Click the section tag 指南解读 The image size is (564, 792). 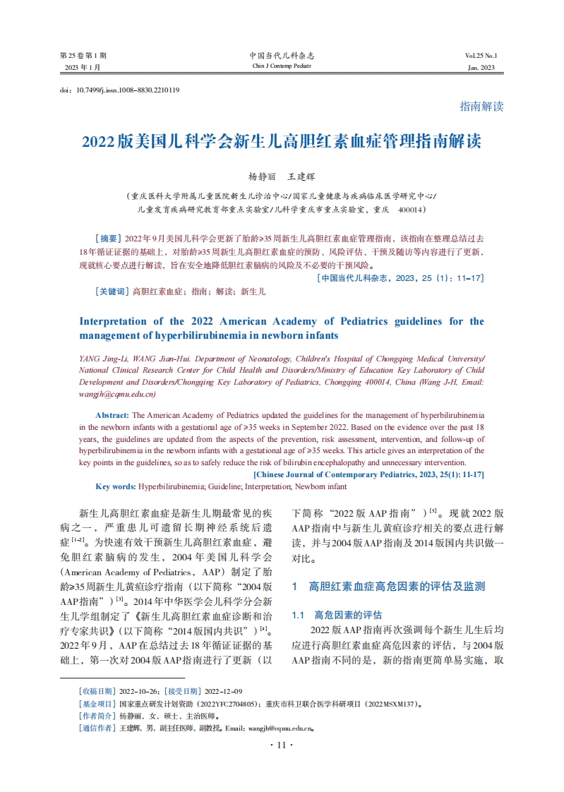pyautogui.click(x=481, y=106)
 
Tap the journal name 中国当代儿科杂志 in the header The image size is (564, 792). pyautogui.click(x=282, y=55)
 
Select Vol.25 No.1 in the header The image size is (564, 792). pyautogui.click(x=481, y=55)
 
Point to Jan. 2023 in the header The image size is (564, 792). pyautogui.click(x=481, y=68)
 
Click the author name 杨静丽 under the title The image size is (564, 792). pyautogui.click(x=260, y=176)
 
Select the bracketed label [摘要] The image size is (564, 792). pyautogui.click(x=107, y=239)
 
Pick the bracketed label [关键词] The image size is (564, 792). pyautogui.click(x=112, y=291)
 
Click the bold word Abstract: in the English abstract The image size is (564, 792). pyautogui.click(x=112, y=416)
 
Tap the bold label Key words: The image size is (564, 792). pyautogui.click(x=116, y=486)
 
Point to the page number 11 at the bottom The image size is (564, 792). pyautogui.click(x=282, y=745)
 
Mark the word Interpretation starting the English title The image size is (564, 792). pyautogui.click(x=116, y=321)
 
